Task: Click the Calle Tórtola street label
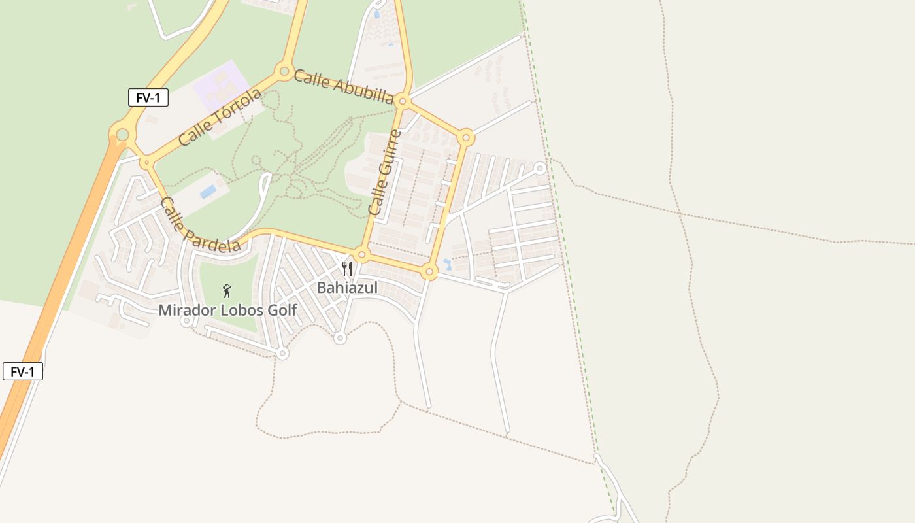pyautogui.click(x=220, y=117)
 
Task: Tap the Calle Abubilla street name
pyautogui.click(x=343, y=87)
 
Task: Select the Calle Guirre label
pyautogui.click(x=385, y=173)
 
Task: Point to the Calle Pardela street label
pyautogui.click(x=199, y=225)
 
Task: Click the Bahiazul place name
pyautogui.click(x=347, y=288)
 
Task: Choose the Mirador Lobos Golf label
pyautogui.click(x=227, y=311)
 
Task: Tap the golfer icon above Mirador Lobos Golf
pyautogui.click(x=227, y=291)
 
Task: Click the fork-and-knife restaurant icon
pyautogui.click(x=347, y=268)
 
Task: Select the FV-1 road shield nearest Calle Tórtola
pyautogui.click(x=148, y=98)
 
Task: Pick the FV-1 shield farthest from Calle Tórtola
pyautogui.click(x=23, y=372)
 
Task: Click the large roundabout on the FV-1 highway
pyautogui.click(x=122, y=135)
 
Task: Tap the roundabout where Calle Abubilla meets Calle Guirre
pyautogui.click(x=403, y=101)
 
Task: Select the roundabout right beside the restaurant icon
pyautogui.click(x=361, y=254)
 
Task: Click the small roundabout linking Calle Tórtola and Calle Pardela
pyautogui.click(x=146, y=161)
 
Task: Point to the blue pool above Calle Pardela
pyautogui.click(x=208, y=192)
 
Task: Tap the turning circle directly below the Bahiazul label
pyautogui.click(x=339, y=338)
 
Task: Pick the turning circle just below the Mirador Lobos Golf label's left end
pyautogui.click(x=186, y=321)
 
